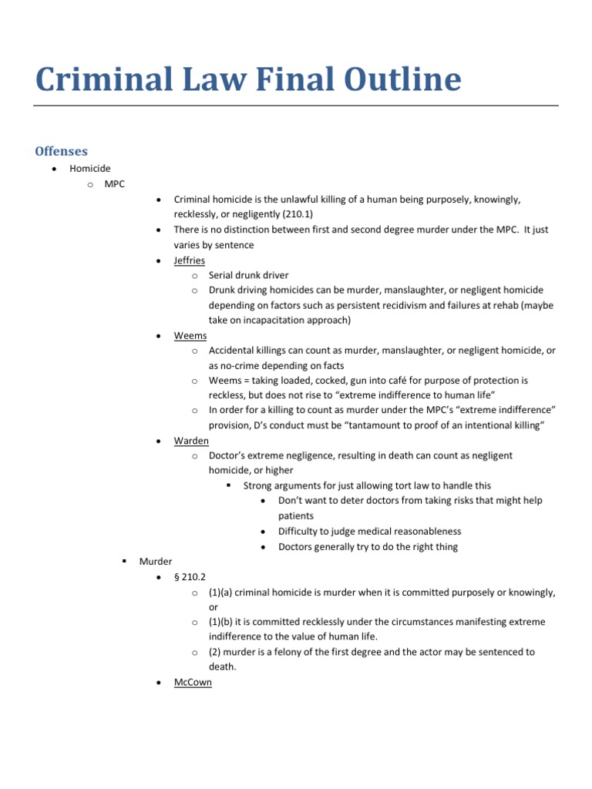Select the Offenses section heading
[x=62, y=151]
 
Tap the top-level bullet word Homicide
[x=90, y=169]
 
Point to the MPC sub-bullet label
[x=115, y=184]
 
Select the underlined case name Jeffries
[x=190, y=260]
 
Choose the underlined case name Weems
[x=189, y=336]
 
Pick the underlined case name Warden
[x=191, y=441]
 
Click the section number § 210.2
[x=189, y=577]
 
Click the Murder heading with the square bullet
[x=156, y=562]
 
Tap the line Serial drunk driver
[x=248, y=275]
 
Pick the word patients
[x=296, y=515]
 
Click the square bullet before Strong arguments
[x=229, y=485]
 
